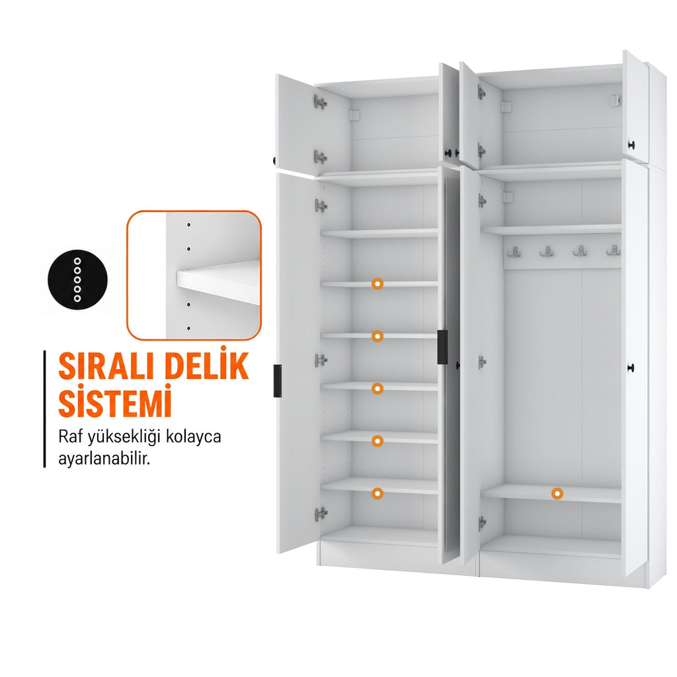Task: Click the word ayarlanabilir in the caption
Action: click(104, 459)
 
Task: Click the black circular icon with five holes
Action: click(78, 280)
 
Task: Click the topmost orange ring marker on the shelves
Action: click(378, 284)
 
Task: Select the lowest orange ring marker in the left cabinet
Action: click(378, 493)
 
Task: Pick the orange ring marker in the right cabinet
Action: click(557, 493)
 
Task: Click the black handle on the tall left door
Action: click(278, 381)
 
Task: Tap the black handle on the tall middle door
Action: click(442, 346)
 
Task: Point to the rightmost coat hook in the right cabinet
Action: click(613, 250)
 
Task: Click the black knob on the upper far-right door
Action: click(631, 145)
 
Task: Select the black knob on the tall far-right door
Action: click(631, 368)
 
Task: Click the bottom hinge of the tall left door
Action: click(321, 514)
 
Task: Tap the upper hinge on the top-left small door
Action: click(320, 102)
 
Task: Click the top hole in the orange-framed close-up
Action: click(188, 225)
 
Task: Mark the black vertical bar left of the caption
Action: click(44, 409)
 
